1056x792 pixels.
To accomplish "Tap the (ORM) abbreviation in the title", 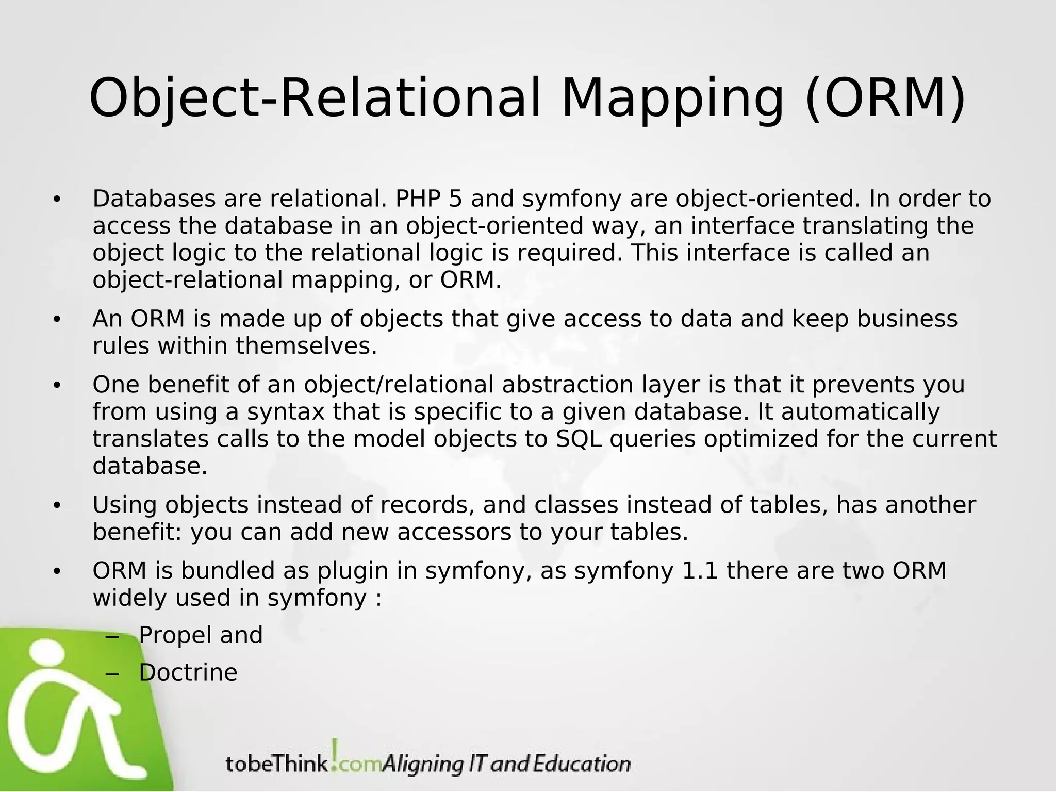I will (x=885, y=99).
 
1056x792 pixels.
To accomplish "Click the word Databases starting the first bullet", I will (x=154, y=199).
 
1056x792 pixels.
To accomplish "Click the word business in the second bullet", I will (x=907, y=319).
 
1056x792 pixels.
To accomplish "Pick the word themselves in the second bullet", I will (x=306, y=346).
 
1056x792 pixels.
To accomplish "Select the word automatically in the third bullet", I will (x=861, y=412).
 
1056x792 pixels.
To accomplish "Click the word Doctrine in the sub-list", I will (x=188, y=673).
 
